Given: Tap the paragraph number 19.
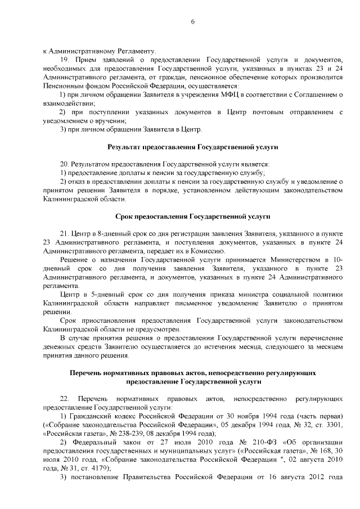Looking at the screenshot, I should pyautogui.click(x=63, y=59).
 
